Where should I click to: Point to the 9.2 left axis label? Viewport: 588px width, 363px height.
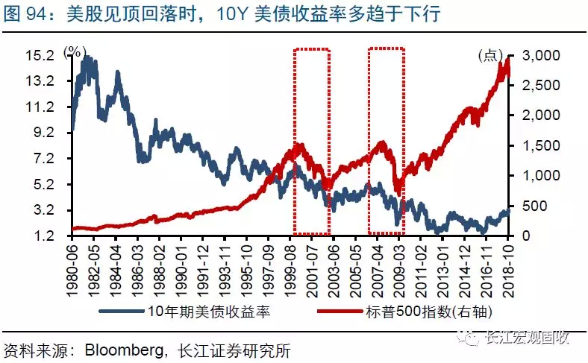[x=40, y=133]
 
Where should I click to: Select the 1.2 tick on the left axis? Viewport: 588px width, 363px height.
[x=40, y=236]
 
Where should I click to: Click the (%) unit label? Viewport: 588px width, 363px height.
[x=75, y=51]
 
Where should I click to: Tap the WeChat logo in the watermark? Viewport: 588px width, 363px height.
[x=472, y=338]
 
